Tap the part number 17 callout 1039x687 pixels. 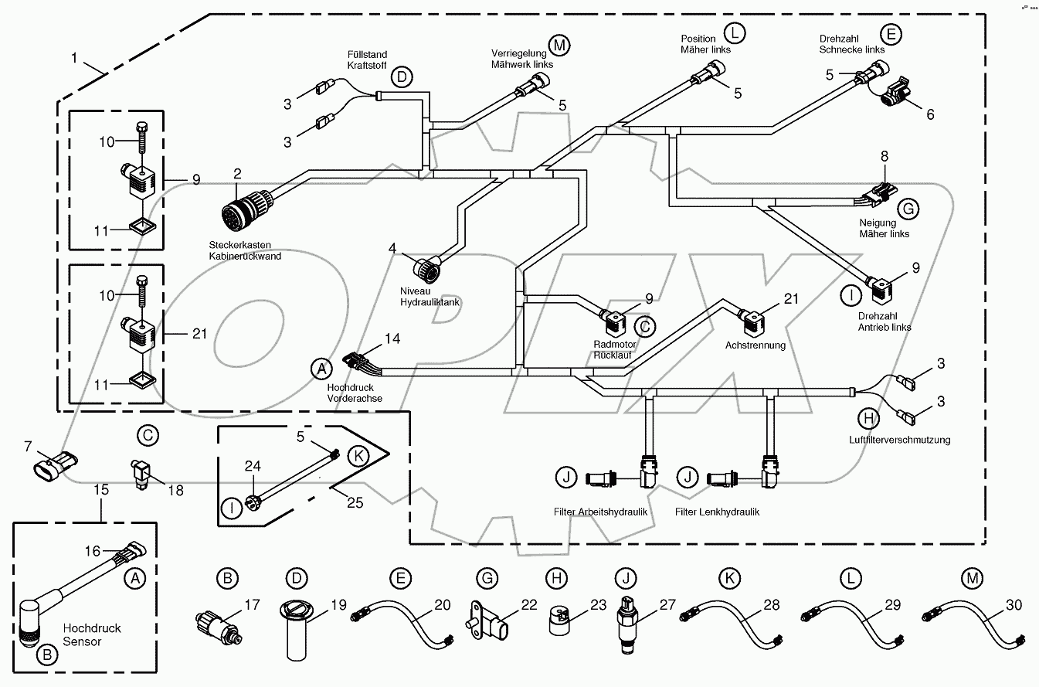tap(253, 605)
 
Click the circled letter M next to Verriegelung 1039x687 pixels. tap(559, 46)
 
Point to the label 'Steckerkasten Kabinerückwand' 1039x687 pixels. tap(245, 250)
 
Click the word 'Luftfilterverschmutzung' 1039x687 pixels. tap(899, 440)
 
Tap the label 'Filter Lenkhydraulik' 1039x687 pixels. tap(717, 512)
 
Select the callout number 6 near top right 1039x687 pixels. tap(930, 114)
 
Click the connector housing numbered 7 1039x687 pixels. tap(55, 466)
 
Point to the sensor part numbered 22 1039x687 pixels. tap(487, 621)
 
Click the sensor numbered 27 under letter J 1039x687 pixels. tap(626, 624)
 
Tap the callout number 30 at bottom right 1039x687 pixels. tap(1014, 605)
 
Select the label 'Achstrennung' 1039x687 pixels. tap(755, 345)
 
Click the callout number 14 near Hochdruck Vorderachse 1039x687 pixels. tap(392, 338)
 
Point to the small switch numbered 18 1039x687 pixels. tap(141, 474)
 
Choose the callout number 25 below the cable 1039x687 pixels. tap(355, 502)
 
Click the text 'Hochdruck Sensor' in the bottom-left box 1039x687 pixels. tap(92, 635)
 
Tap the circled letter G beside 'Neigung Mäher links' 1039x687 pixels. tap(908, 209)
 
